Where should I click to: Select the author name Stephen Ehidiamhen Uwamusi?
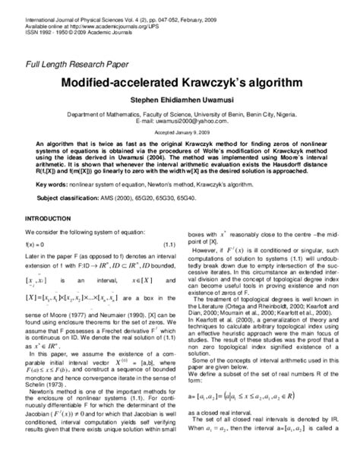click(180, 97)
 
